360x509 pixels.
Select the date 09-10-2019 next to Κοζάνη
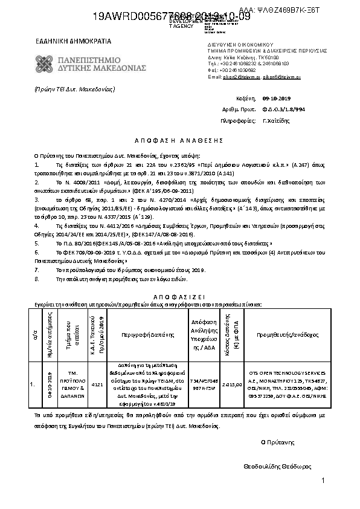[x=277, y=98]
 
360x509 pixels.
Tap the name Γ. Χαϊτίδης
[x=277, y=120]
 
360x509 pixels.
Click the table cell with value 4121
[x=97, y=384]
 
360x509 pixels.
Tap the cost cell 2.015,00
[x=232, y=384]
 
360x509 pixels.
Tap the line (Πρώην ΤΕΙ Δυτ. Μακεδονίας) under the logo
[x=74, y=89]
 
